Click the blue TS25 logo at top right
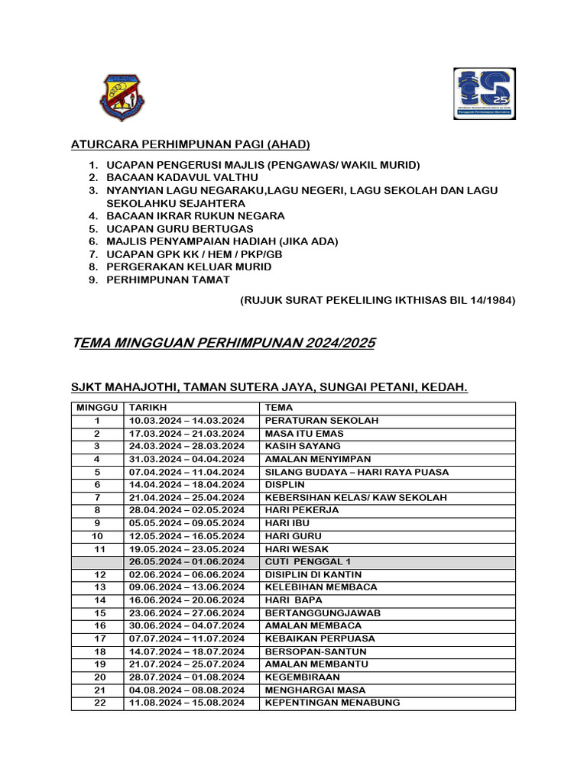(x=485, y=93)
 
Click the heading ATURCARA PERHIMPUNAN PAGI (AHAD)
(x=190, y=144)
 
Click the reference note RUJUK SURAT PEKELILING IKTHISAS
(x=378, y=300)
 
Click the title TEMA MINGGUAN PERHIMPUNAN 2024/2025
(x=223, y=343)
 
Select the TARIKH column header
(x=148, y=408)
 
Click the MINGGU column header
(x=97, y=408)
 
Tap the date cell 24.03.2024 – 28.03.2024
(x=186, y=446)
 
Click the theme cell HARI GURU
(x=293, y=536)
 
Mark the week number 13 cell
(x=97, y=587)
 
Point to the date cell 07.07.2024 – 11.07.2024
(x=186, y=638)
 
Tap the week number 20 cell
(x=97, y=677)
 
